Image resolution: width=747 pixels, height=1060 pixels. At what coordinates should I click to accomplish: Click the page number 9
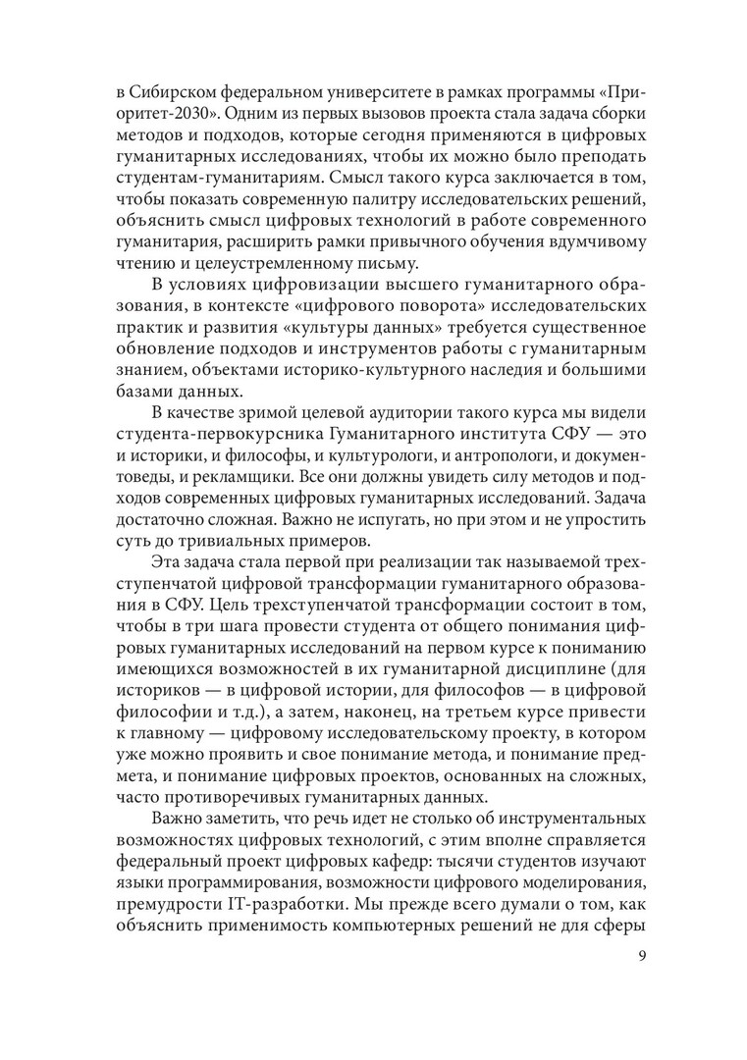[638, 956]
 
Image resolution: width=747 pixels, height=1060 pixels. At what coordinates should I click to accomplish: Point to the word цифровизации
[295, 286]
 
